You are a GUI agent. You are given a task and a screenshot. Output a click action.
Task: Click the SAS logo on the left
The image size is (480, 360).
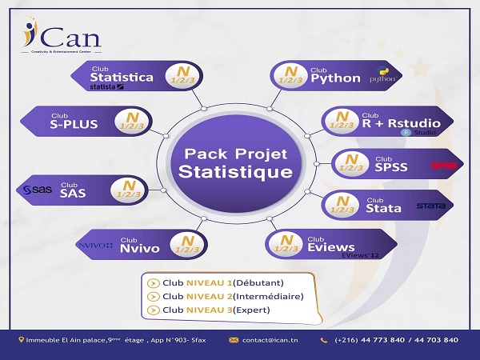[37, 190]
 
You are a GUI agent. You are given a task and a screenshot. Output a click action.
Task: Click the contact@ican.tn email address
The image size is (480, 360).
[270, 340]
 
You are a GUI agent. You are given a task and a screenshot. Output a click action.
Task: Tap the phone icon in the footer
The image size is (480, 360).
[324, 340]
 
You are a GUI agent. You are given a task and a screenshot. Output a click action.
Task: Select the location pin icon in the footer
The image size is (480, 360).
[22, 340]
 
